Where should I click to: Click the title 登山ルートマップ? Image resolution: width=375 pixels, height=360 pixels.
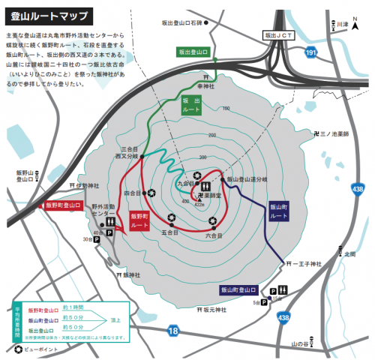[49, 16]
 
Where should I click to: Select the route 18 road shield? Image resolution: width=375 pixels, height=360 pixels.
[174, 329]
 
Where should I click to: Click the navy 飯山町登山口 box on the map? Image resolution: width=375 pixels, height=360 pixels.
[238, 289]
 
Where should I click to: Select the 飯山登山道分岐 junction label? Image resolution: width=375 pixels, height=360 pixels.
[246, 180]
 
